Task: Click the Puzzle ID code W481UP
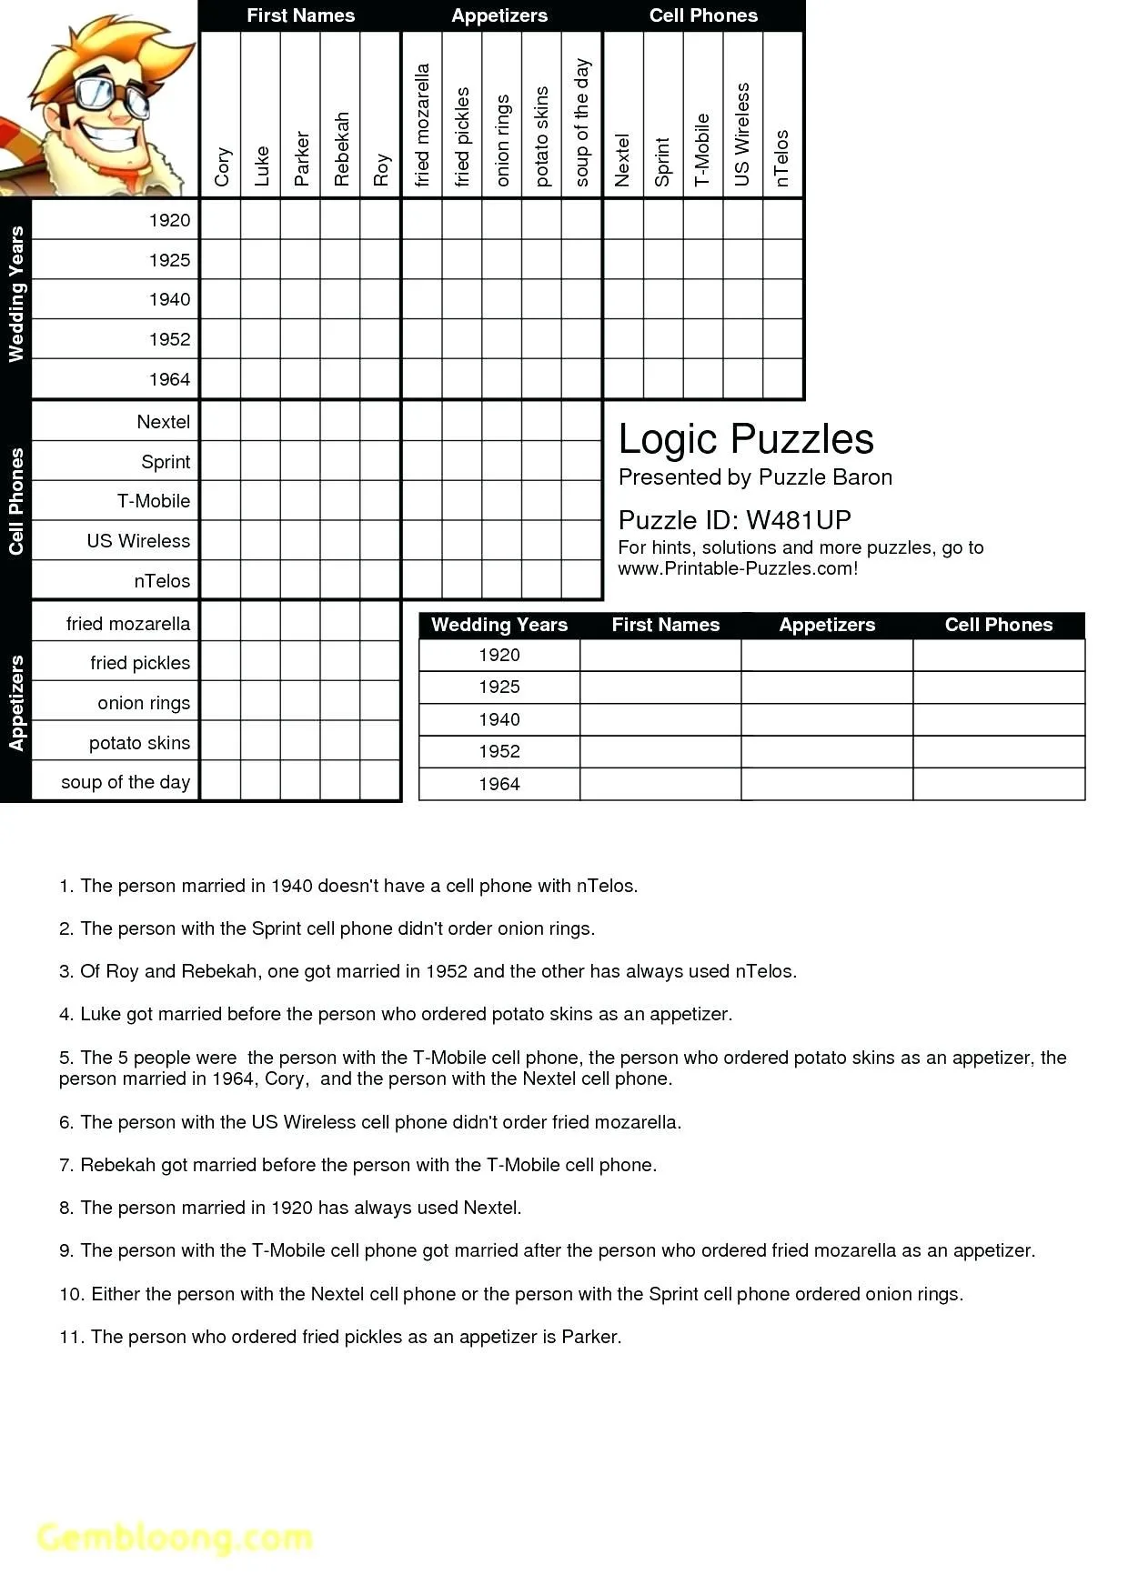click(798, 520)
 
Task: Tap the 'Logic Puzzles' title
click(746, 439)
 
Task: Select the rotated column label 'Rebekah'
click(341, 149)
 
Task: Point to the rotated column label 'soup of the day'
click(582, 123)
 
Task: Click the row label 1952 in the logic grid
click(169, 339)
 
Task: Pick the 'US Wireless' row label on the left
click(138, 541)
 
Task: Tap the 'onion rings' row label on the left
click(144, 703)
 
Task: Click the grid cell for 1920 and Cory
click(221, 220)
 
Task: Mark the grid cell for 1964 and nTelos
click(782, 379)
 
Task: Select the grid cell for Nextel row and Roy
click(380, 422)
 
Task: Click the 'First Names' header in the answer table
click(665, 625)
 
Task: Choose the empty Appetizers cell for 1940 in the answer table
click(827, 719)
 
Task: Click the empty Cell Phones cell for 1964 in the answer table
click(998, 784)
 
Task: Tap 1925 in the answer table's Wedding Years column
click(499, 687)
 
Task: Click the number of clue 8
click(65, 1208)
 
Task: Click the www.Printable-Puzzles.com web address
click(738, 569)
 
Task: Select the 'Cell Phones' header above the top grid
click(703, 15)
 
